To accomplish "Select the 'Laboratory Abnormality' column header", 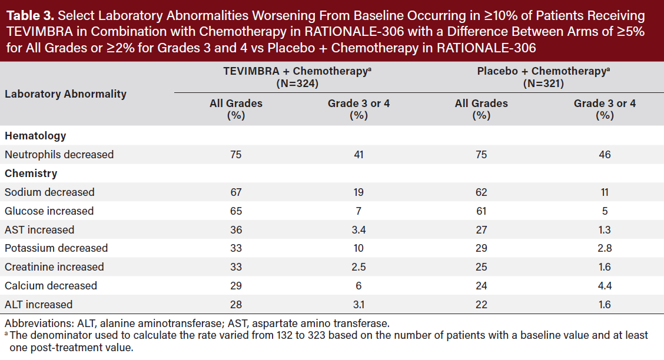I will coord(65,94).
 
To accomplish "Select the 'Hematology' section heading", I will coord(35,136).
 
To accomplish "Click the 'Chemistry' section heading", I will coord(31,174).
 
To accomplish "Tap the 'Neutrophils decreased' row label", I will coord(59,155).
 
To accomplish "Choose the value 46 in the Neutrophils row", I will coord(605,155).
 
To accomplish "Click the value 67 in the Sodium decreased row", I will coord(236,192).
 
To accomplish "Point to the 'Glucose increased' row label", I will coord(49,211).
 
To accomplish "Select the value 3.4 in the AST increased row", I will coord(358,229).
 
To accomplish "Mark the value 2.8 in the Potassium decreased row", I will coord(605,248).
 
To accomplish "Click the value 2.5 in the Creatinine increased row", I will coord(358,267).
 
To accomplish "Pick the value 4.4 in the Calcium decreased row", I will coord(605,286).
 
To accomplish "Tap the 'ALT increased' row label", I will coord(39,304).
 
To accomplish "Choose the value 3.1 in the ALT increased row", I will coord(358,304).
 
